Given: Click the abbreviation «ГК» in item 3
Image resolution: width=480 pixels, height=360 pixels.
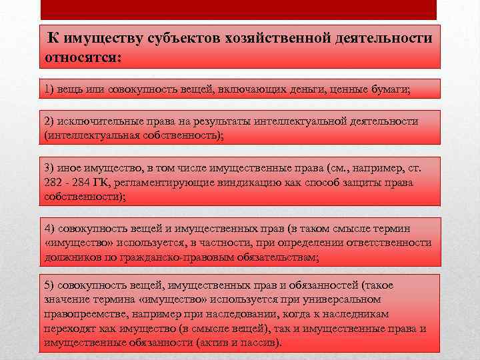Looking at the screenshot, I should [109, 183].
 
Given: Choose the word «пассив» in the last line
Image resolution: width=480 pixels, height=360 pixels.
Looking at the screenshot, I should [261, 343].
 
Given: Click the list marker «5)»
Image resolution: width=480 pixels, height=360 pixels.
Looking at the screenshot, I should [51, 285].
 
